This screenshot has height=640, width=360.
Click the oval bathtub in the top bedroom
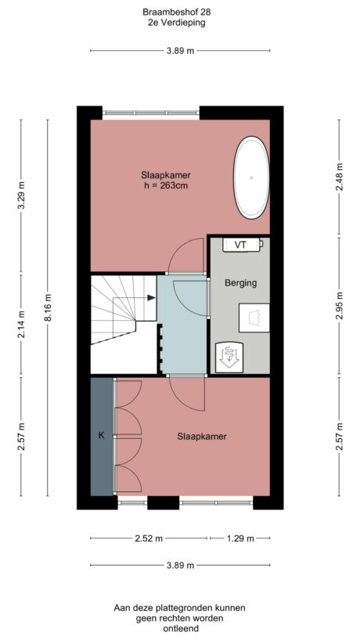[251, 178]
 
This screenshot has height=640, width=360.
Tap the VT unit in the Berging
[241, 245]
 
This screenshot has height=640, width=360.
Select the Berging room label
[240, 282]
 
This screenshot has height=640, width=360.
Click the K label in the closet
[101, 436]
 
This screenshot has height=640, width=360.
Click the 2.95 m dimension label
[339, 305]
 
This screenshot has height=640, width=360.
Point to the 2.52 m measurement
[148, 538]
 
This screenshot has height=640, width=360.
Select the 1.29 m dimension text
[239, 538]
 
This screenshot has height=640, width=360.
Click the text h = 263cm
[166, 186]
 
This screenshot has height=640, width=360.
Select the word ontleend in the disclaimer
[179, 627]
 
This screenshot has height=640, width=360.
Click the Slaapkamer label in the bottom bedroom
[201, 437]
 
